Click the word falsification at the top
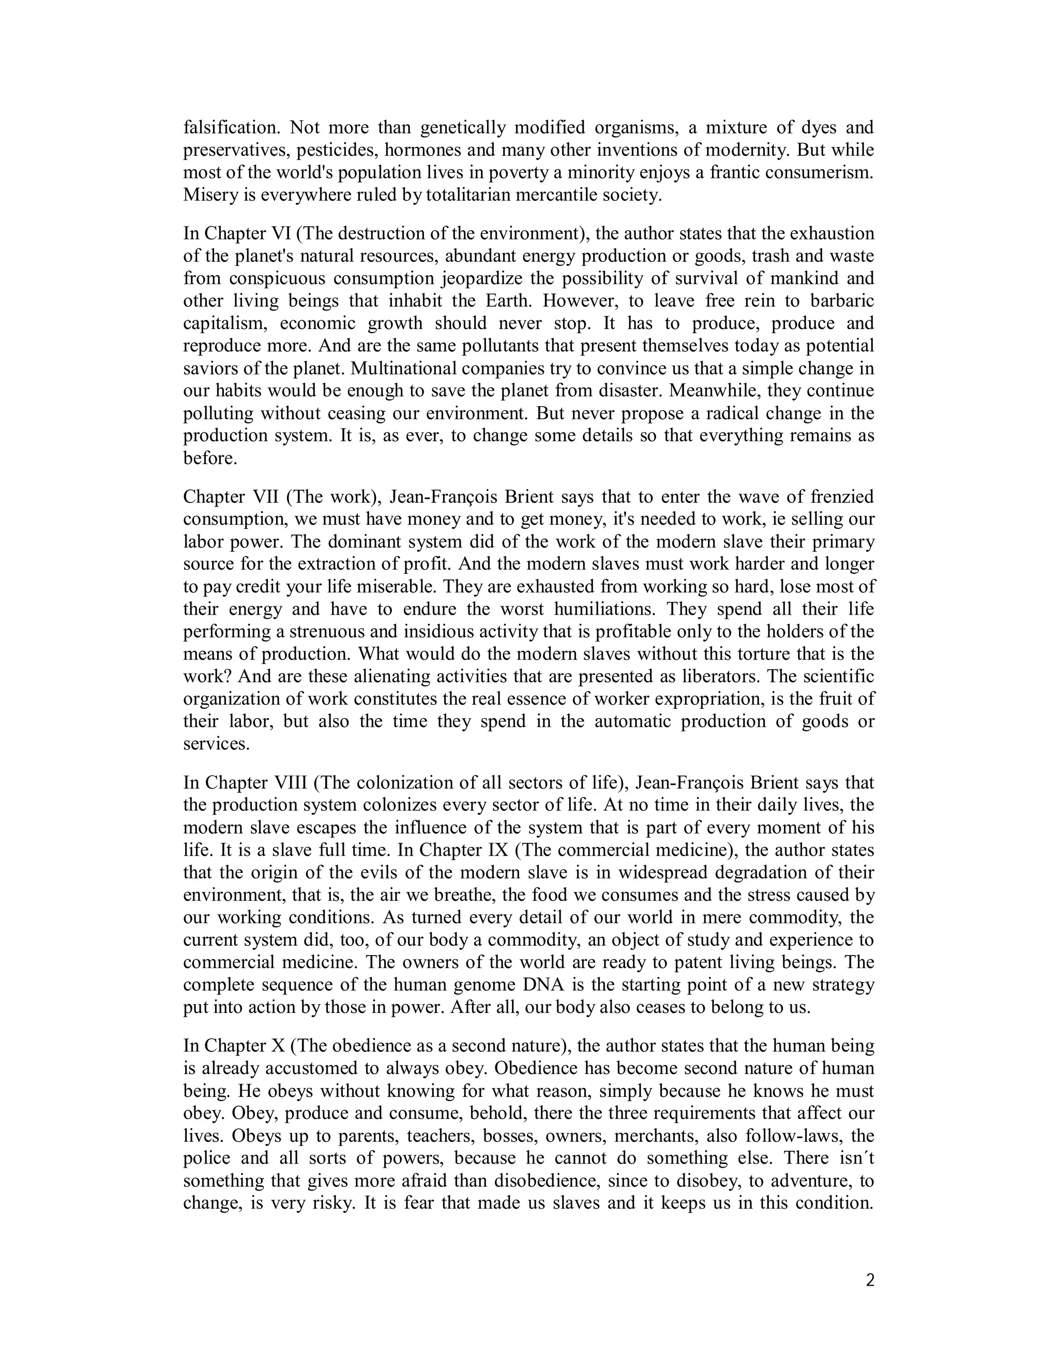click(231, 128)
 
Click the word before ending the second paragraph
click(209, 458)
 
